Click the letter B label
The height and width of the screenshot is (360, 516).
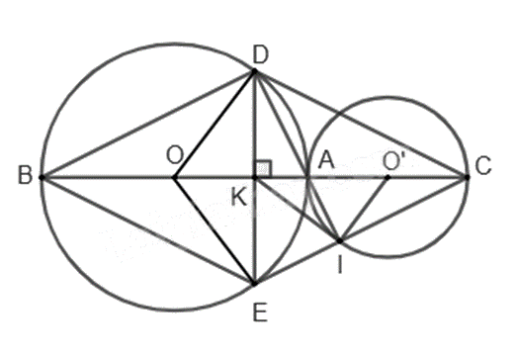click(x=26, y=175)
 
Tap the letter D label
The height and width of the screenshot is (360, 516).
click(x=261, y=55)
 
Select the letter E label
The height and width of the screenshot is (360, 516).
click(x=260, y=313)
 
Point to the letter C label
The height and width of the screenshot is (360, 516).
click(x=483, y=165)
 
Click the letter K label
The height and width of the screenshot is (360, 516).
click(x=238, y=198)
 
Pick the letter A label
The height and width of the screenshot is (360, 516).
click(x=326, y=161)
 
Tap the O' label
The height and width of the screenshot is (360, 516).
click(x=393, y=161)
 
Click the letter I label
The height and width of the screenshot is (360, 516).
click(x=340, y=265)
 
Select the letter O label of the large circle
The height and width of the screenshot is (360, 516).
click(x=174, y=155)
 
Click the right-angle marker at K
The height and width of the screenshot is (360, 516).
click(x=264, y=168)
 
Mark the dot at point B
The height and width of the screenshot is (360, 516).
click(x=42, y=177)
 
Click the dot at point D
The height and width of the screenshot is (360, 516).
click(x=254, y=70)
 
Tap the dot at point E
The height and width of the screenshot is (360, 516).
click(x=254, y=283)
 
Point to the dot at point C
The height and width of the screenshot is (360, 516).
click(x=467, y=177)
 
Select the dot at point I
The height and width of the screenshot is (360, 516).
click(x=340, y=241)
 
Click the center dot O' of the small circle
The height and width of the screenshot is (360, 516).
click(x=387, y=177)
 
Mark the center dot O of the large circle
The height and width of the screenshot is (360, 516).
click(x=174, y=178)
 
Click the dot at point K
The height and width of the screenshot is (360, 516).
click(x=254, y=178)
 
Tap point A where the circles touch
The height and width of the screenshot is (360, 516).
click(x=307, y=177)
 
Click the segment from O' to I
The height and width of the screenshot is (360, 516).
click(x=364, y=210)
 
